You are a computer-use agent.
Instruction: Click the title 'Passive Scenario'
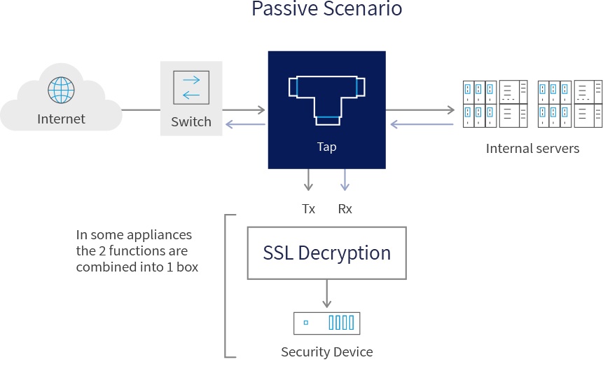pos(326,10)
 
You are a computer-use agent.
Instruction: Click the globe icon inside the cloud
pos(61,90)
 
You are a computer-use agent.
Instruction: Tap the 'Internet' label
pos(61,119)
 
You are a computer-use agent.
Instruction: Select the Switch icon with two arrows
pos(191,87)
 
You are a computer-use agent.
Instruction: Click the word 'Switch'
pos(191,121)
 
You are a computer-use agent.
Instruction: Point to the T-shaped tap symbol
pos(326,98)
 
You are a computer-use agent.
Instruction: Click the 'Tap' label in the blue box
pos(326,147)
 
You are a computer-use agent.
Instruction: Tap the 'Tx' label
pos(308,208)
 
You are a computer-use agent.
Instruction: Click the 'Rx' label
pos(345,208)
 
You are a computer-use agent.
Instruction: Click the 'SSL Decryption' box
pos(326,253)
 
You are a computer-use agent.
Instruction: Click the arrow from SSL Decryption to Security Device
pos(326,293)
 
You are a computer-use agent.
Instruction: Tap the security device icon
pos(326,323)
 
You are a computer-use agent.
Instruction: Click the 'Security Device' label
pos(326,352)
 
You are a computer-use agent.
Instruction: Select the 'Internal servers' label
pos(532,148)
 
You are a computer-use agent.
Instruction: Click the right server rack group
pos(569,104)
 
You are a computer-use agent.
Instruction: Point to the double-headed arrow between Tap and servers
pos(420,109)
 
